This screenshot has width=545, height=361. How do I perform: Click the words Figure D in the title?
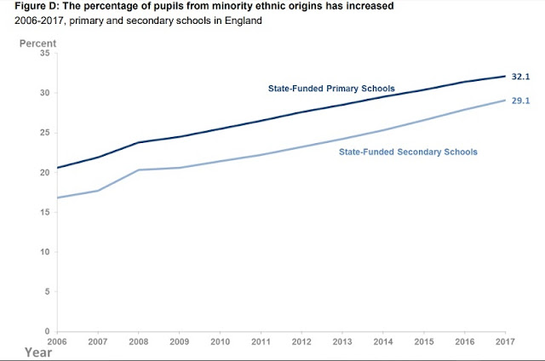point(26,7)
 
